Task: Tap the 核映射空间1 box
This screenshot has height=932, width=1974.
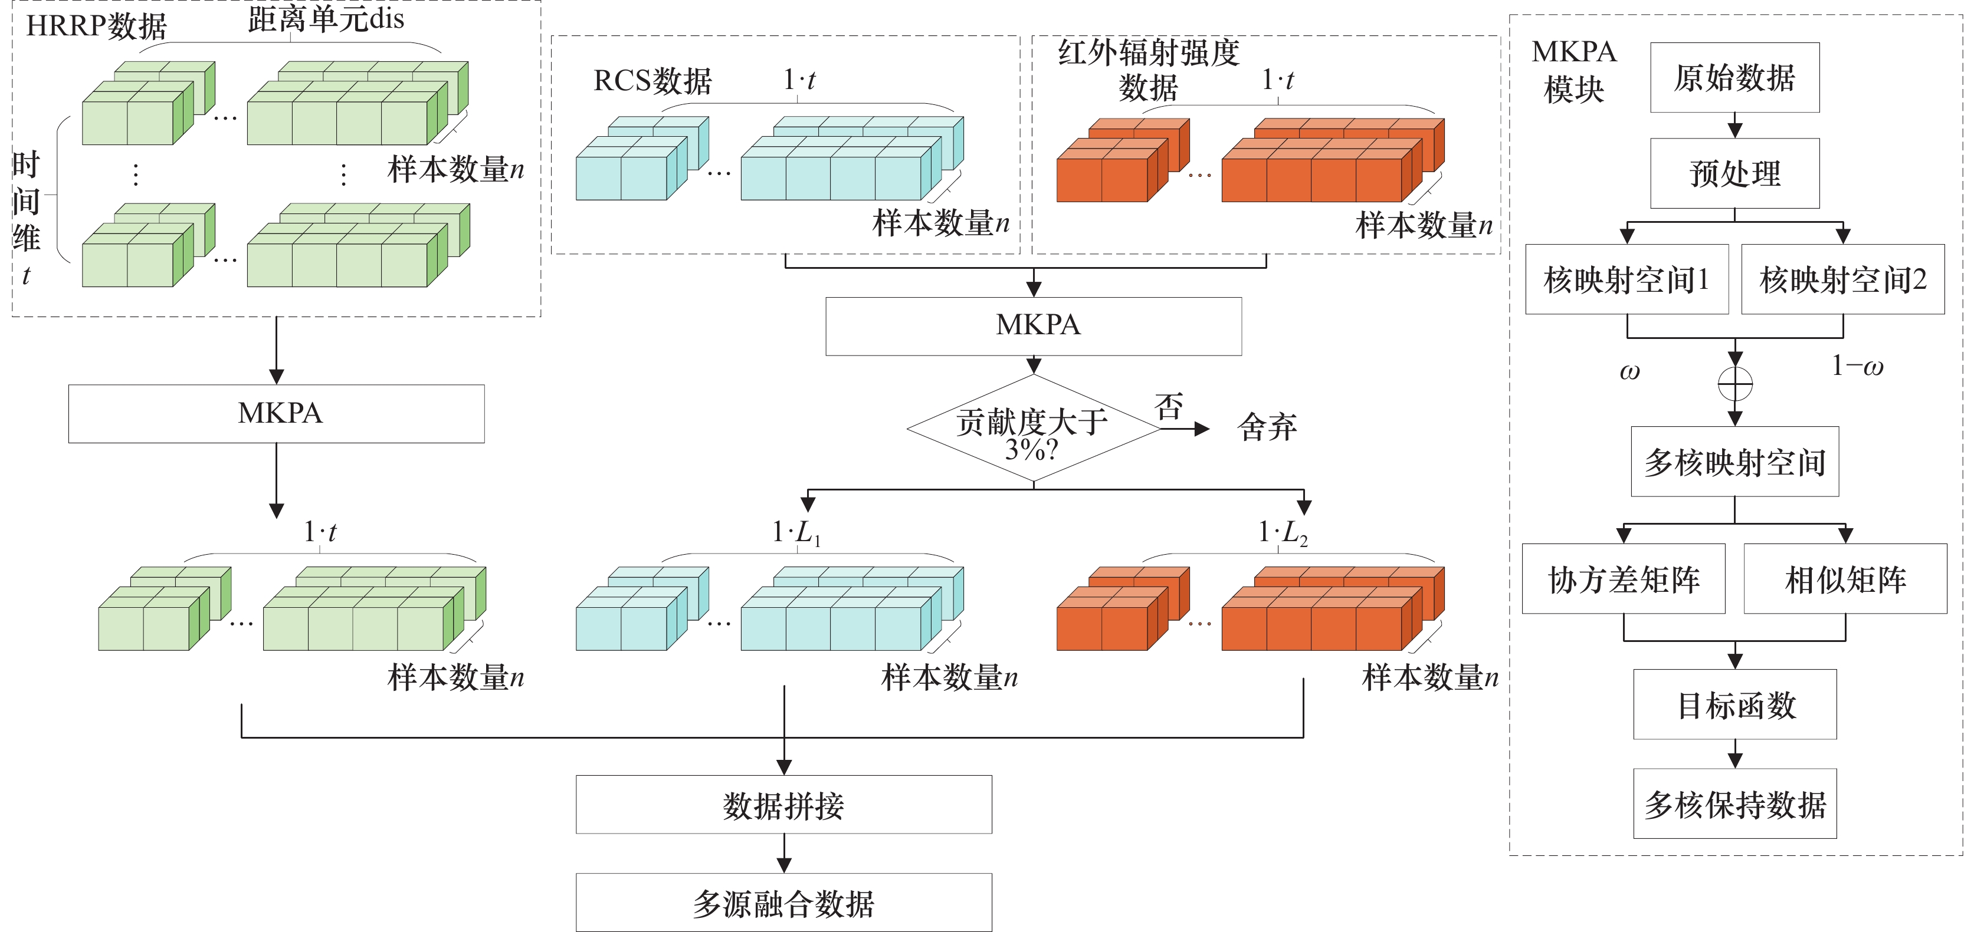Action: click(1627, 279)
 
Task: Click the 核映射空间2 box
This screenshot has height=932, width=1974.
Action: click(1843, 279)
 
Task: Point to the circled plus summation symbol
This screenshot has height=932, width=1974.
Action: click(1735, 384)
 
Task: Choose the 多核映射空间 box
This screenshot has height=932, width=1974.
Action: click(1735, 462)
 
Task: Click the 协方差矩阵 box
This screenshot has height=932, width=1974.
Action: click(1624, 578)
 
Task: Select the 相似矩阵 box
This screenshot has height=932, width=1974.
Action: click(1845, 578)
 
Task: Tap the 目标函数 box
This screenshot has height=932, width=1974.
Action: click(1735, 704)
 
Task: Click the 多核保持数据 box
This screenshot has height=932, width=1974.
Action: click(1735, 803)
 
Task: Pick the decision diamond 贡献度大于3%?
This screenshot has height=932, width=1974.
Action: click(1033, 428)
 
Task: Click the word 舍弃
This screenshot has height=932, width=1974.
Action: click(1267, 427)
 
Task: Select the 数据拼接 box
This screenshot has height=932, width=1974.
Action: click(784, 804)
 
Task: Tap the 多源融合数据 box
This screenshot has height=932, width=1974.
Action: click(784, 902)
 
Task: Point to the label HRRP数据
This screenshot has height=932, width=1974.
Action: click(97, 26)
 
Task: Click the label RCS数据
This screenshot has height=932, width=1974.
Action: click(653, 80)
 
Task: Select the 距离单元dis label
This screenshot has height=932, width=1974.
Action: click(326, 18)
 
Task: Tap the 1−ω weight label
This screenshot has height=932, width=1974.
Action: click(1857, 366)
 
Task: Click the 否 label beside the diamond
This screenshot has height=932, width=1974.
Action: click(1169, 407)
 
